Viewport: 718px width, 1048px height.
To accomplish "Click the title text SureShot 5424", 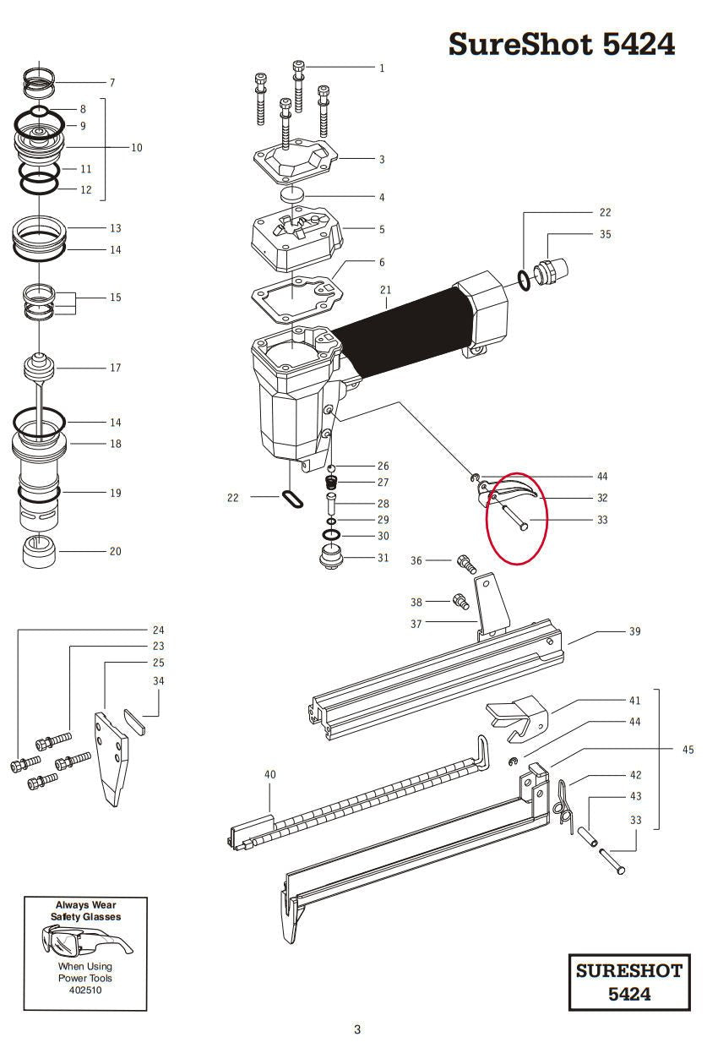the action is [x=561, y=45].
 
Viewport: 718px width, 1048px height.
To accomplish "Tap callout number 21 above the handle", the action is [x=385, y=290].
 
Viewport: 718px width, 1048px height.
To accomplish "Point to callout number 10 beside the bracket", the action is [x=136, y=147].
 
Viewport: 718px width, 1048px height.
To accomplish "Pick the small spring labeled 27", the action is [x=331, y=483].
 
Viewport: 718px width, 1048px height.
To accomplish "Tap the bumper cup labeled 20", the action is [x=40, y=552].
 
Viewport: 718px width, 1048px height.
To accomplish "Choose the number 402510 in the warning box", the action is [x=85, y=990].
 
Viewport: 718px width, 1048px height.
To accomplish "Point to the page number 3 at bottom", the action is [x=357, y=1029].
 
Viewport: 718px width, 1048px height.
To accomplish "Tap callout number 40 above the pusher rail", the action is [x=270, y=774].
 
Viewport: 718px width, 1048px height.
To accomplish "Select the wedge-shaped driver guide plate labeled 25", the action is [x=112, y=759].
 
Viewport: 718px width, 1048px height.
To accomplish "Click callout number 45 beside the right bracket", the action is [x=688, y=750].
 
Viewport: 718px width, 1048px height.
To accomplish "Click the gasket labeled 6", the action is [x=297, y=299].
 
